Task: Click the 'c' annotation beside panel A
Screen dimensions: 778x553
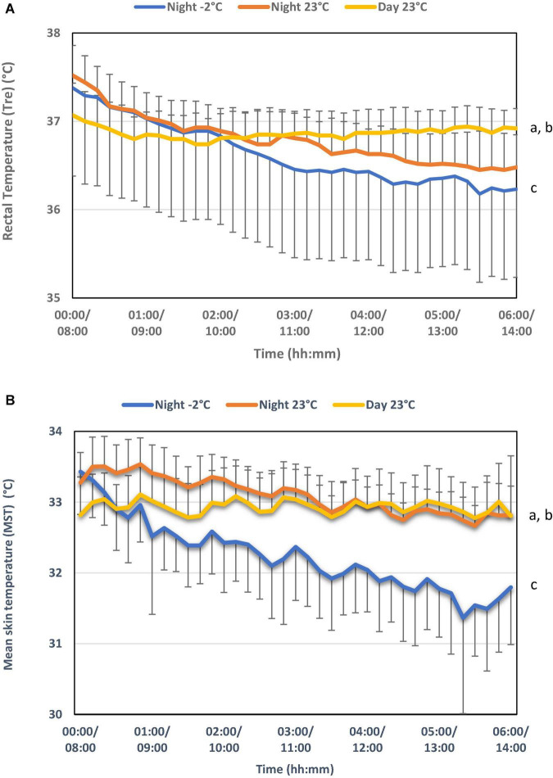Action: click(534, 188)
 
